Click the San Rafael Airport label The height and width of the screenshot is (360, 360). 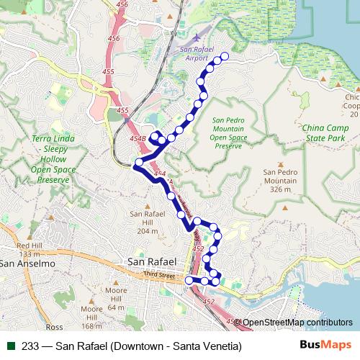point(196,53)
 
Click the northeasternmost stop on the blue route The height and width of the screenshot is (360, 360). point(224,56)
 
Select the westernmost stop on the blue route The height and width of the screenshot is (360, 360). point(137,168)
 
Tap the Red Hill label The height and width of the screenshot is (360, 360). point(30,246)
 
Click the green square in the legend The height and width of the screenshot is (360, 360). point(11,346)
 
